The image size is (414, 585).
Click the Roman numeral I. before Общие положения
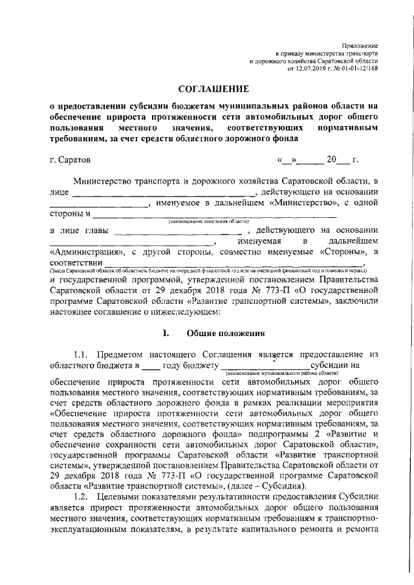(166, 334)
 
